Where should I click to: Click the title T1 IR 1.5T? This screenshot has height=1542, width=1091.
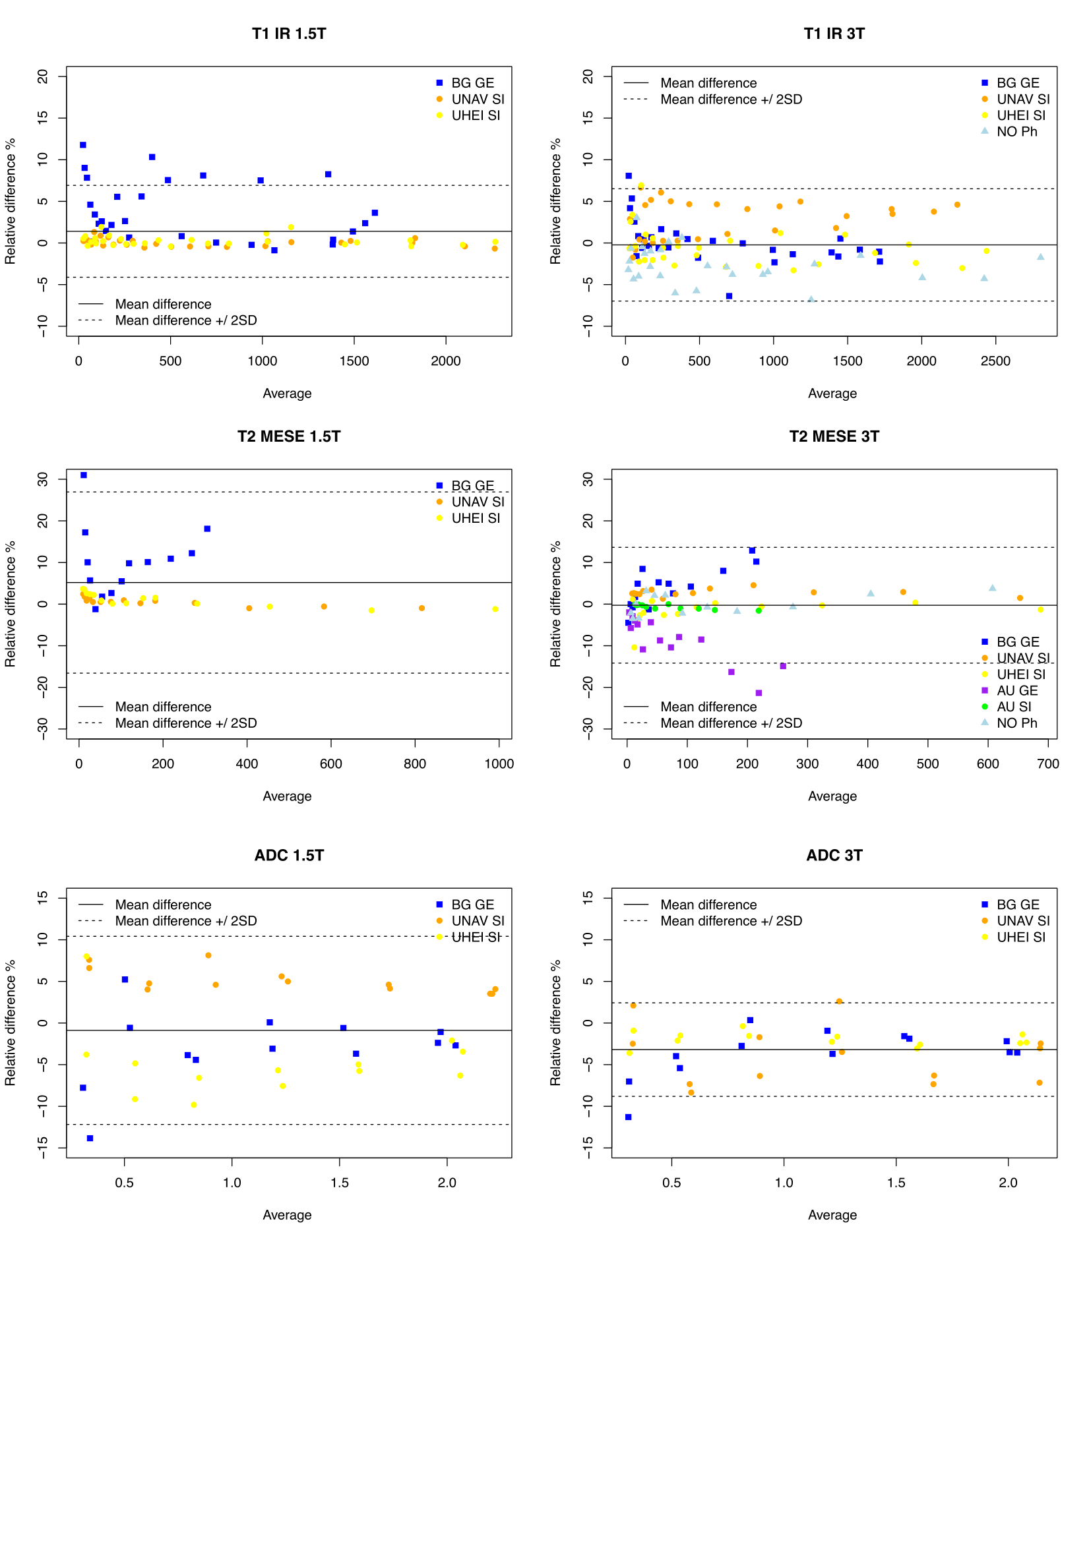289,34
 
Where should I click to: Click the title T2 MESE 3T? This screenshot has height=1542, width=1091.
834,436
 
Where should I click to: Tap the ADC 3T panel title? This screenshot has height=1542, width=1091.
834,855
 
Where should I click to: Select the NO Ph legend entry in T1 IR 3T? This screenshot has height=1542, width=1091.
1016,132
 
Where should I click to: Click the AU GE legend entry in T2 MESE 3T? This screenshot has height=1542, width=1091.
1016,690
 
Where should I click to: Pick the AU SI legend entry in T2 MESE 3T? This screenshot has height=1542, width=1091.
1013,707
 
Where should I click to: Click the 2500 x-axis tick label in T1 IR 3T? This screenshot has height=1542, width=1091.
995,361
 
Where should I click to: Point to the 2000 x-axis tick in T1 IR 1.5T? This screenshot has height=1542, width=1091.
445,361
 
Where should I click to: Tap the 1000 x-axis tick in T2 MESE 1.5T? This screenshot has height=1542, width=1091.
499,763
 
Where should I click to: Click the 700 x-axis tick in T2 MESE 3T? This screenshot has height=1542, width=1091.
1047,763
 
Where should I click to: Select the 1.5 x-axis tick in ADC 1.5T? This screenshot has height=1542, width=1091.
339,1183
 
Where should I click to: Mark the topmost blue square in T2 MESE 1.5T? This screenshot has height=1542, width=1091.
84,475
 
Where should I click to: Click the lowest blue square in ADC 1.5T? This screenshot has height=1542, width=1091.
90,1139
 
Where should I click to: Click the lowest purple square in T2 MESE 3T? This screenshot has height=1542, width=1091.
759,693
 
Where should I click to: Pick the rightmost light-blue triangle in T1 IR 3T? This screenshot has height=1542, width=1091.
1040,256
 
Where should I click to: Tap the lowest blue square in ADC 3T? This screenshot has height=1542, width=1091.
628,1117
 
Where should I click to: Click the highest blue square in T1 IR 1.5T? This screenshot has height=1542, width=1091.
83,145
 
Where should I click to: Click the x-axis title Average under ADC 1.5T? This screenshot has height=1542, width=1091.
287,1215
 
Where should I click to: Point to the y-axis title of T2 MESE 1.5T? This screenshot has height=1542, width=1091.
11,604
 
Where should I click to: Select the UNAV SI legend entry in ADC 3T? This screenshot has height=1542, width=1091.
1022,921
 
